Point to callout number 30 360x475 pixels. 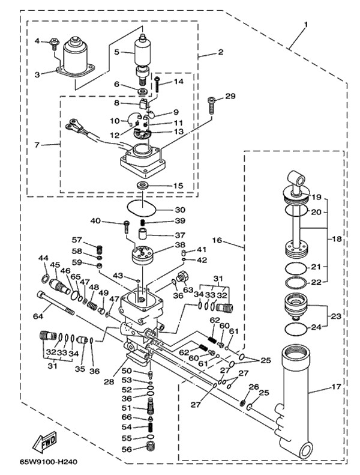point(180,210)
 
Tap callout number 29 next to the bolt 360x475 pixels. point(231,97)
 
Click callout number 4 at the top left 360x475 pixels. point(37,41)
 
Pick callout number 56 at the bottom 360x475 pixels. point(127,449)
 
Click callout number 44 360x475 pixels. point(43,258)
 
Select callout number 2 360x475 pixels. point(220,52)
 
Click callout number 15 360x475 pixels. point(179,186)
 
